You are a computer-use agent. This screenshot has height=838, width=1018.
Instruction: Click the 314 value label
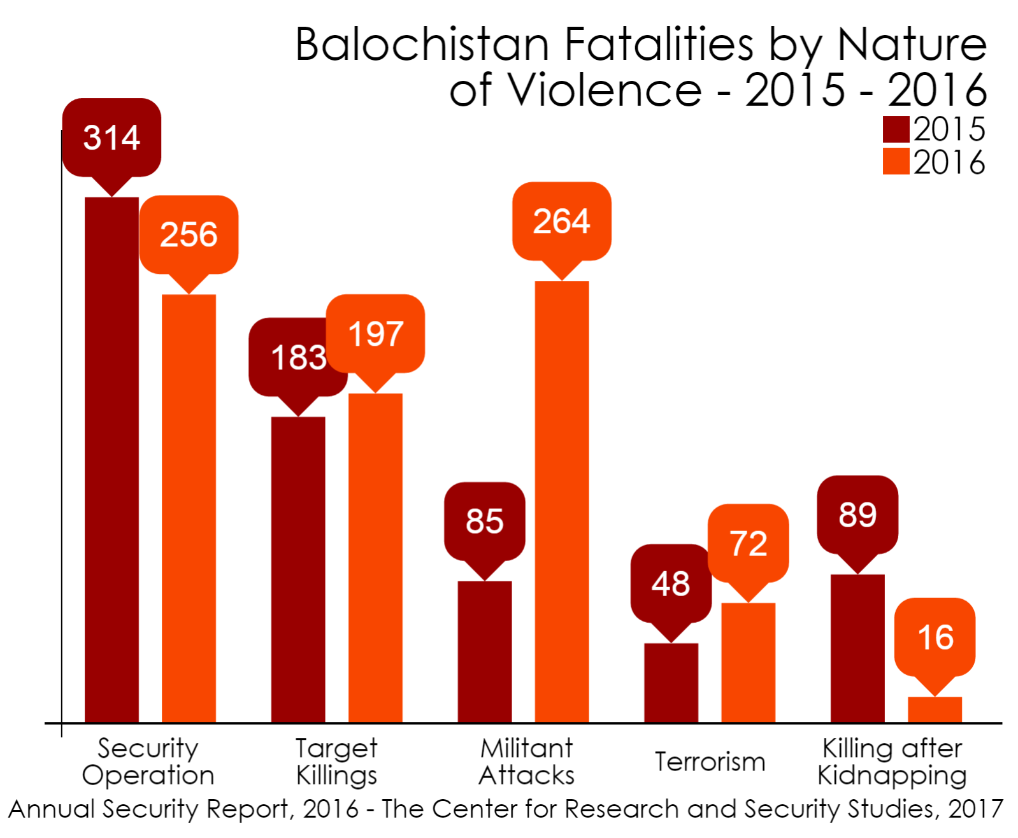coord(111,138)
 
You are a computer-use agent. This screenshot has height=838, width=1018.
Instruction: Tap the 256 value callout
coord(189,234)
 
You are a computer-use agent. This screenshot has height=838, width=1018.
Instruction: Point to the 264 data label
coord(561,222)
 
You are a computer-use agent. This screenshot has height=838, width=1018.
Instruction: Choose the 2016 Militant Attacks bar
coord(561,501)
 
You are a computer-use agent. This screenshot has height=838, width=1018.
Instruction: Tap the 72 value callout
coord(748,543)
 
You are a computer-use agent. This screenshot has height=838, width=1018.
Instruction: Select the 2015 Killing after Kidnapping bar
coord(857,648)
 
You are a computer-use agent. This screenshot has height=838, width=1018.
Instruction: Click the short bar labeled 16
coord(935,709)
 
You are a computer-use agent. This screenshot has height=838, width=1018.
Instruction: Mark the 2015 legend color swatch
coord(895,129)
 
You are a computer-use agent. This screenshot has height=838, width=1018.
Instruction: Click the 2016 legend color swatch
coord(895,162)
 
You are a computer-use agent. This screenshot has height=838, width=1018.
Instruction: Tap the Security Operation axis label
coord(148,762)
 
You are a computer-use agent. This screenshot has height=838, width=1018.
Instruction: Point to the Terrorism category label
coord(710,762)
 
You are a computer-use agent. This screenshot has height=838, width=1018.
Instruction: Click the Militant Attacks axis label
coord(526,762)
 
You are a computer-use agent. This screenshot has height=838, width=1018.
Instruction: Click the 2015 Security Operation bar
coord(111,459)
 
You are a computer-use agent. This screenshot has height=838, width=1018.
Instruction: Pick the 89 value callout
coord(857,515)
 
